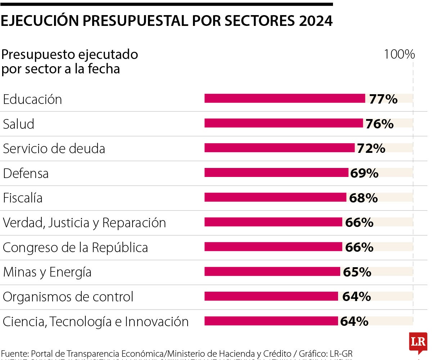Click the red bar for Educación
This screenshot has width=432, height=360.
click(x=285, y=98)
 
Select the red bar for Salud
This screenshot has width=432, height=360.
click(x=284, y=123)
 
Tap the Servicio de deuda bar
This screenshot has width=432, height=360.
click(x=279, y=148)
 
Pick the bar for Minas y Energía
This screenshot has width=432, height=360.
click(x=272, y=272)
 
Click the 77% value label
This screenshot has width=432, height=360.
click(x=383, y=99)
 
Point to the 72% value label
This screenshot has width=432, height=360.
click(x=371, y=148)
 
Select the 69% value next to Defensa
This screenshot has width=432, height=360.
click(x=364, y=173)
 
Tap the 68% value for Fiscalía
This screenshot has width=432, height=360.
click(x=363, y=198)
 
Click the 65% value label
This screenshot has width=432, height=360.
click(x=357, y=272)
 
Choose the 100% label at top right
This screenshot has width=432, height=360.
click(x=399, y=54)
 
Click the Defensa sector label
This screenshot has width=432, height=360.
click(x=26, y=173)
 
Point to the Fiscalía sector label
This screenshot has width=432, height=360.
click(x=23, y=198)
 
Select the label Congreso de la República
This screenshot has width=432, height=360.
click(x=75, y=247)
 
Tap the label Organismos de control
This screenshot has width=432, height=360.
click(x=68, y=297)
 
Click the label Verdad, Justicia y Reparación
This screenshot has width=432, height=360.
click(x=84, y=223)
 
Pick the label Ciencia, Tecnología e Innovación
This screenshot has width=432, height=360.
click(x=95, y=322)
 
